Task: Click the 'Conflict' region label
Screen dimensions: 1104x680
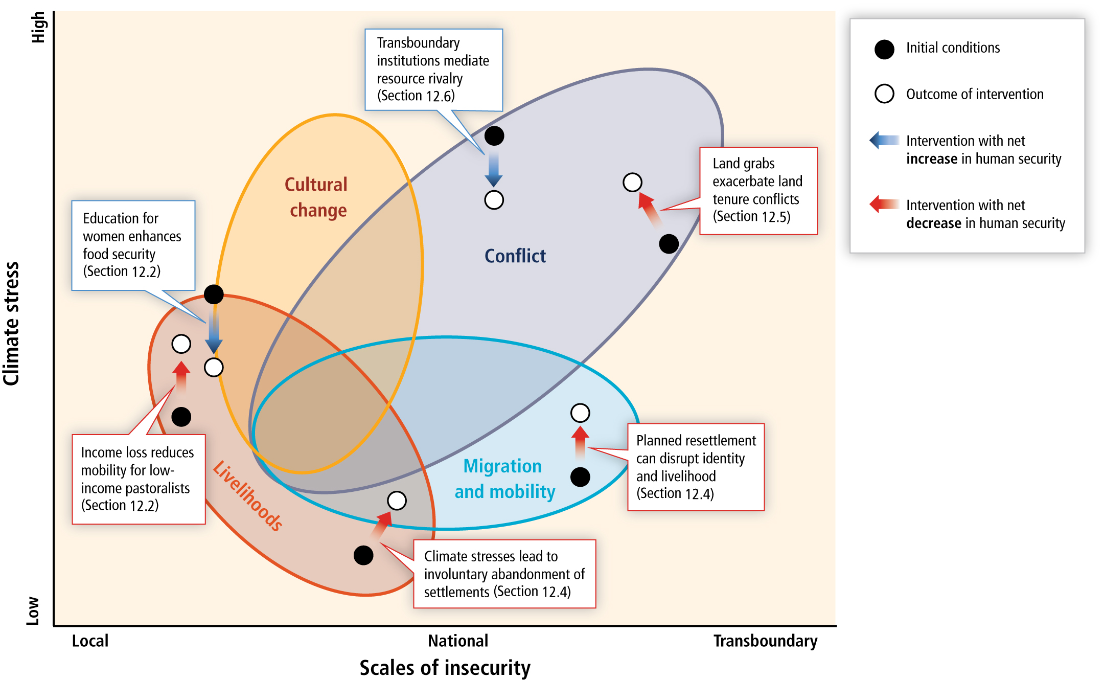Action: click(x=515, y=256)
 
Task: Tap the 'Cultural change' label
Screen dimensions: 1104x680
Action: click(x=316, y=197)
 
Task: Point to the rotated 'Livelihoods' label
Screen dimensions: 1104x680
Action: click(x=247, y=495)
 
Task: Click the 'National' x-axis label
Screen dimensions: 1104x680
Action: click(x=458, y=641)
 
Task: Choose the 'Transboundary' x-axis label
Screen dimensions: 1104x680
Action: click(x=765, y=641)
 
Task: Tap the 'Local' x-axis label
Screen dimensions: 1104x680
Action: click(x=90, y=641)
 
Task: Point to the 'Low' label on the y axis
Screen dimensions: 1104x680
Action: click(x=33, y=610)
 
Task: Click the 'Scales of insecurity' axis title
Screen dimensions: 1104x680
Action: click(x=445, y=668)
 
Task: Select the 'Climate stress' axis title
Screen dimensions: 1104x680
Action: click(x=11, y=324)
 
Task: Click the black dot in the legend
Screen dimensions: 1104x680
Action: click(x=884, y=49)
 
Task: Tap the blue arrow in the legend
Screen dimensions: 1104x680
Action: click(x=884, y=140)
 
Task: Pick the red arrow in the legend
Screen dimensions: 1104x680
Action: click(x=884, y=204)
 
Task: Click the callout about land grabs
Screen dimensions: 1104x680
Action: click(x=758, y=191)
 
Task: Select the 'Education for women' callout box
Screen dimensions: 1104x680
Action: click(x=133, y=245)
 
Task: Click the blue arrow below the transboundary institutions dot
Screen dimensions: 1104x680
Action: click(x=494, y=169)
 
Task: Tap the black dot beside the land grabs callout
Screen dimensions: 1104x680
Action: click(x=669, y=244)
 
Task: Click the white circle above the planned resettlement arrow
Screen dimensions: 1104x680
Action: click(x=580, y=413)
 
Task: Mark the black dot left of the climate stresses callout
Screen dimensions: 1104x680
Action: click(x=363, y=555)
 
